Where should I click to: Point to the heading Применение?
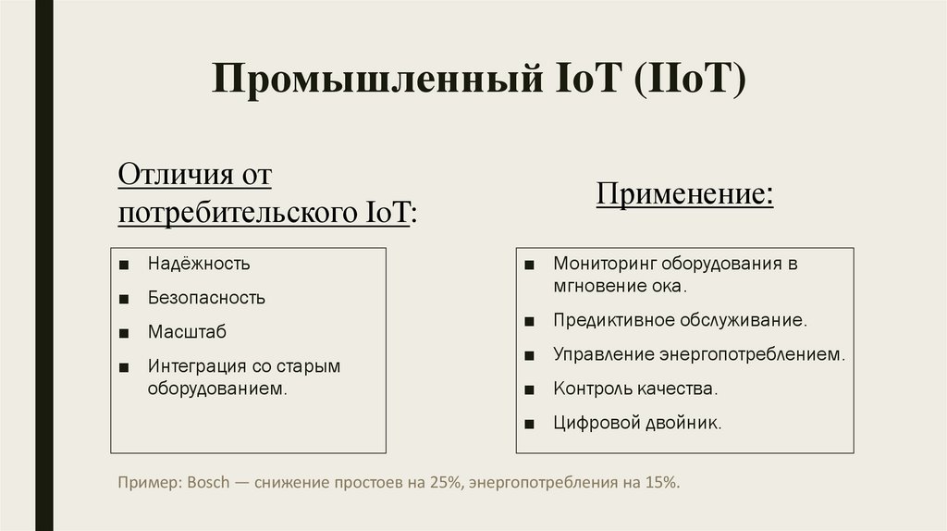coord(684,196)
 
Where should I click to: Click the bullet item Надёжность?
coord(199,264)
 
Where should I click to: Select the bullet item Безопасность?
coord(206,298)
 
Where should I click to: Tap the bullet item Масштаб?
coord(187,332)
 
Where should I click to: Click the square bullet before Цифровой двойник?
coord(527,424)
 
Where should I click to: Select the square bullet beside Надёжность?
coord(123,265)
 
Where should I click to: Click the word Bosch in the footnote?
coord(207,483)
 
